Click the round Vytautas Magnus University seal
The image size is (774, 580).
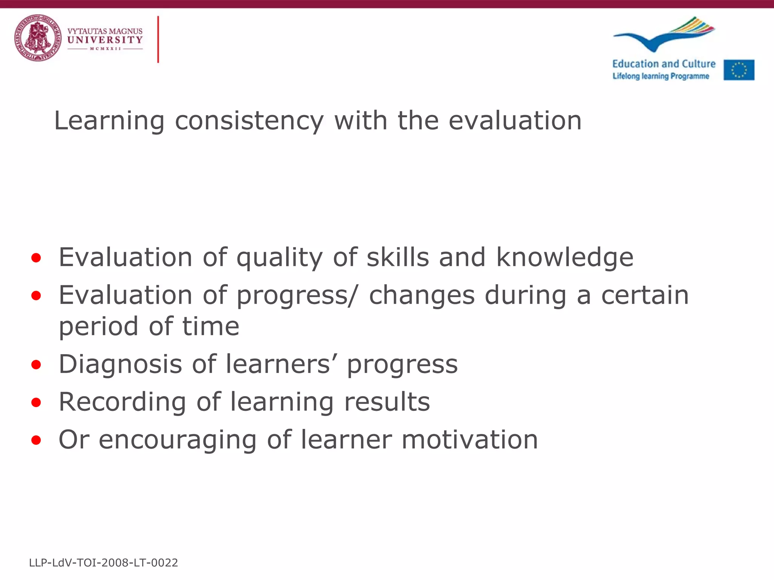(37, 38)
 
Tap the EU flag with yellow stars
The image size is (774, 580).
(739, 70)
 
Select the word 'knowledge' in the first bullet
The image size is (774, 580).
(565, 258)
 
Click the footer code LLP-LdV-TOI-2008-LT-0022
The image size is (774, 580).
(104, 563)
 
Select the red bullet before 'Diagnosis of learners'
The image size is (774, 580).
(36, 365)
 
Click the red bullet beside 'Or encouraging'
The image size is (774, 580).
(36, 440)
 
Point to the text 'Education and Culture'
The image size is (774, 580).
(664, 64)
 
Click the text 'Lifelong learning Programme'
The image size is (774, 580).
(661, 76)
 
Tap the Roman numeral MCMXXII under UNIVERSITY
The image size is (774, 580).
(105, 49)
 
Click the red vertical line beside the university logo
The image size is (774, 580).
(158, 39)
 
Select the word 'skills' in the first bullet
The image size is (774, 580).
(398, 258)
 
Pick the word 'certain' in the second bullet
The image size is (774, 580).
(645, 295)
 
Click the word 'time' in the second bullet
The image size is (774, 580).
(211, 327)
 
